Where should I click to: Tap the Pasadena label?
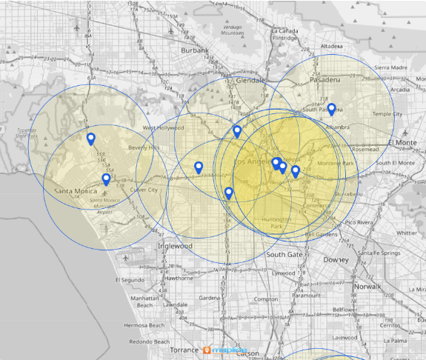(326, 79)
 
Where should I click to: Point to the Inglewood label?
(175, 246)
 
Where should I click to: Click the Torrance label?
(184, 350)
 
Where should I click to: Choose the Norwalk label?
(367, 286)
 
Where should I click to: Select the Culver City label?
(144, 190)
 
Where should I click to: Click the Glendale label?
(250, 80)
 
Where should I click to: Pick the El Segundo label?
(130, 280)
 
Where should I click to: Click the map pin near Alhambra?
(332, 109)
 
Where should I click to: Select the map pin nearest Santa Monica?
(106, 179)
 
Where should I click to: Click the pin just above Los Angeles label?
(237, 131)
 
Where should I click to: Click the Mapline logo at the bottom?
(225, 350)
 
